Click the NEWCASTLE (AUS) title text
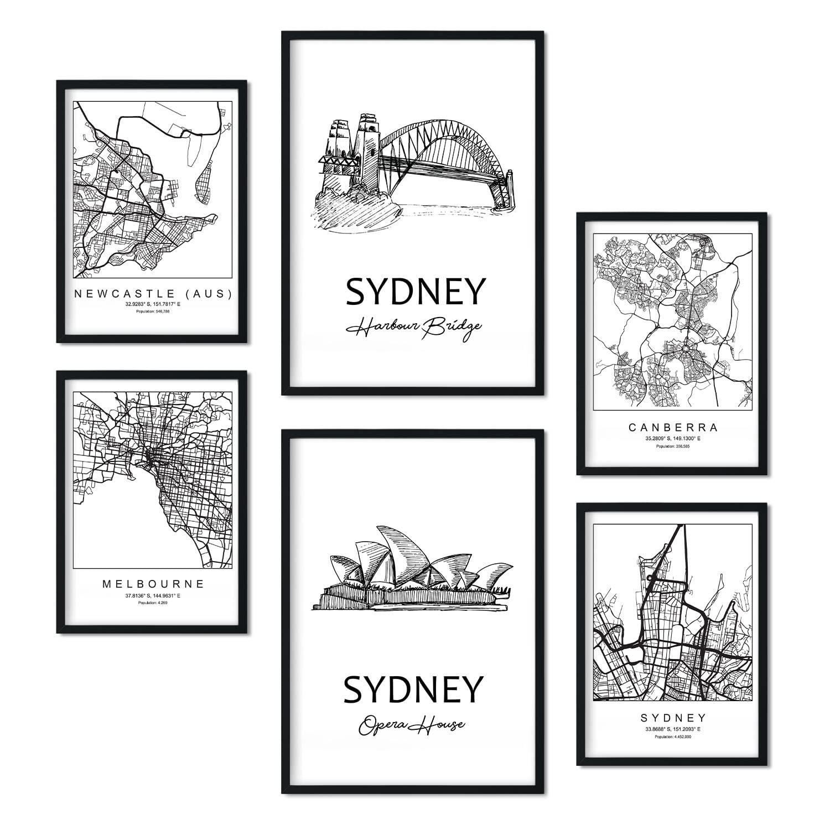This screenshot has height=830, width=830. click(152, 293)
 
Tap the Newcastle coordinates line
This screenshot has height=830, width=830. click(152, 304)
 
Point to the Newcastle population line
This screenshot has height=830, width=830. click(152, 312)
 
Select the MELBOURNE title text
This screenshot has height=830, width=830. click(153, 583)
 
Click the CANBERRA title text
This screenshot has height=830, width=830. click(672, 427)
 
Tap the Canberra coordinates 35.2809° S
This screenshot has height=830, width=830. click(672, 438)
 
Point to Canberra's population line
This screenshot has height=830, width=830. click(672, 445)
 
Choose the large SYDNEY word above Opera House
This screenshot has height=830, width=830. click(412, 689)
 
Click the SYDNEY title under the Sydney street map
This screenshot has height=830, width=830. click(673, 718)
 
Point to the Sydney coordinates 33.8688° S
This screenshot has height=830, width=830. click(673, 729)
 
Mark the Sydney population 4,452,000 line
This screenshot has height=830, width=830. click(673, 736)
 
